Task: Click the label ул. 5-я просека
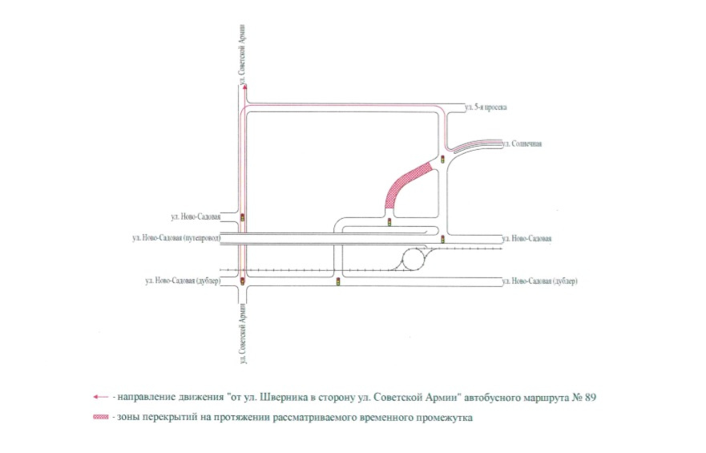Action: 487,107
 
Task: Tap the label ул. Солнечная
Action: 523,144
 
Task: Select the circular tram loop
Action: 415,259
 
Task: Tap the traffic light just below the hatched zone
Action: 389,222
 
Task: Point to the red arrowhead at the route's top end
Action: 244,87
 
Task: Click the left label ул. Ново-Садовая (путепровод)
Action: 176,238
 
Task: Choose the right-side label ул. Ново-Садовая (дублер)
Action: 539,281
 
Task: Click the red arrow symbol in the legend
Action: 99,397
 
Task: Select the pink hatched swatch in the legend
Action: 100,417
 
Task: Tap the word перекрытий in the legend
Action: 168,417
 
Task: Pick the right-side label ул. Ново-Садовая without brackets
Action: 526,239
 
